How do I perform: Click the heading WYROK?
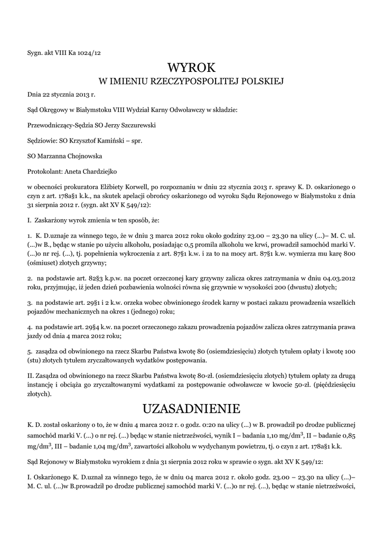pyautogui.click(x=191, y=68)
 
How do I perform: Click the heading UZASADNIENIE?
pyautogui.click(x=191, y=409)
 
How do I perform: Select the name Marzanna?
pyautogui.click(x=50, y=156)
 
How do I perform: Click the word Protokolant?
pyautogui.click(x=44, y=172)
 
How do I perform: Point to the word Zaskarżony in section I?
pyautogui.click(x=53, y=218)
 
